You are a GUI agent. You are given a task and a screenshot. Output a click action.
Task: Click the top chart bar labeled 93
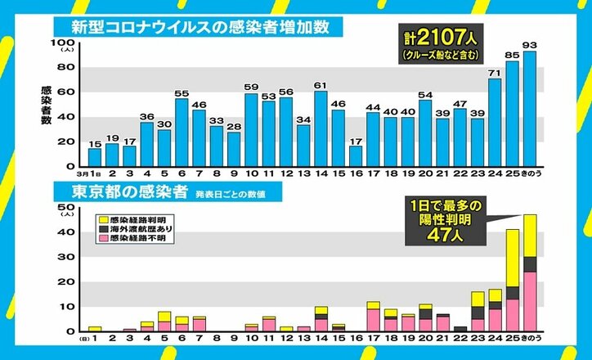pos(530,109)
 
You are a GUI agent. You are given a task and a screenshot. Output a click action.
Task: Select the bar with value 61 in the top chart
pos(321,128)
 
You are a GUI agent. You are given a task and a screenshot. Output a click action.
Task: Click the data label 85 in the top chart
pos(512,56)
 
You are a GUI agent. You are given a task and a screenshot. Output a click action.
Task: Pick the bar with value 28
pos(234,149)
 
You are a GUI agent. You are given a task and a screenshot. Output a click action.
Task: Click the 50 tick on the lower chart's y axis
pos(65,210)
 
